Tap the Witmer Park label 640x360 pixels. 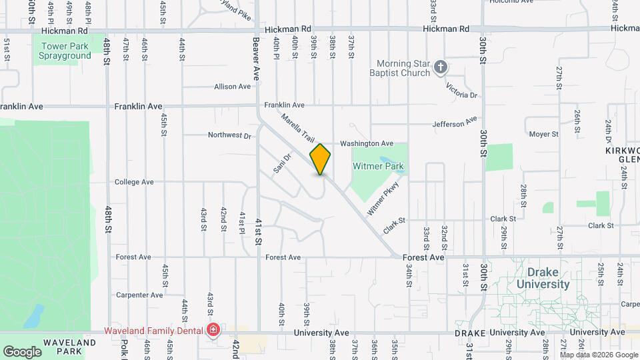379,166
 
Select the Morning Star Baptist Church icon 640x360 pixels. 440,67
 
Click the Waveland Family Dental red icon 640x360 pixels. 213,329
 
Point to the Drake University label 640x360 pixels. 548,278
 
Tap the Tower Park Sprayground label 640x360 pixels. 65,51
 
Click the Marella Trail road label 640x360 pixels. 297,127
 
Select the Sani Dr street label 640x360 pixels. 283,163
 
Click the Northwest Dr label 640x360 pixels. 229,135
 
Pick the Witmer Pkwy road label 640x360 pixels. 383,199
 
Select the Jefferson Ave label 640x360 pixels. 455,123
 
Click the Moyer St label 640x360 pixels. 543,134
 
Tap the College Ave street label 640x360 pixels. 134,181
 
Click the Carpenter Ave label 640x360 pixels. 139,295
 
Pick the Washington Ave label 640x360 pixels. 367,143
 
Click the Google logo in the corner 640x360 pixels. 22,351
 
